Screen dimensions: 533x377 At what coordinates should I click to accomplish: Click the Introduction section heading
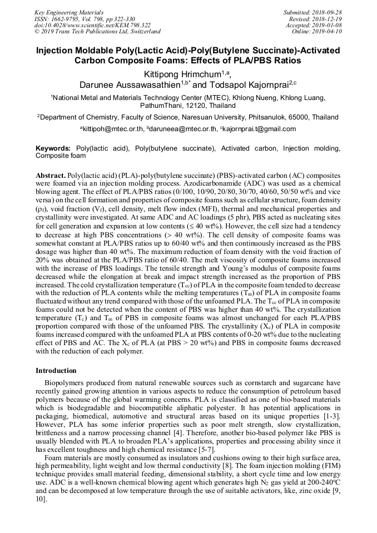[56, 370]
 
